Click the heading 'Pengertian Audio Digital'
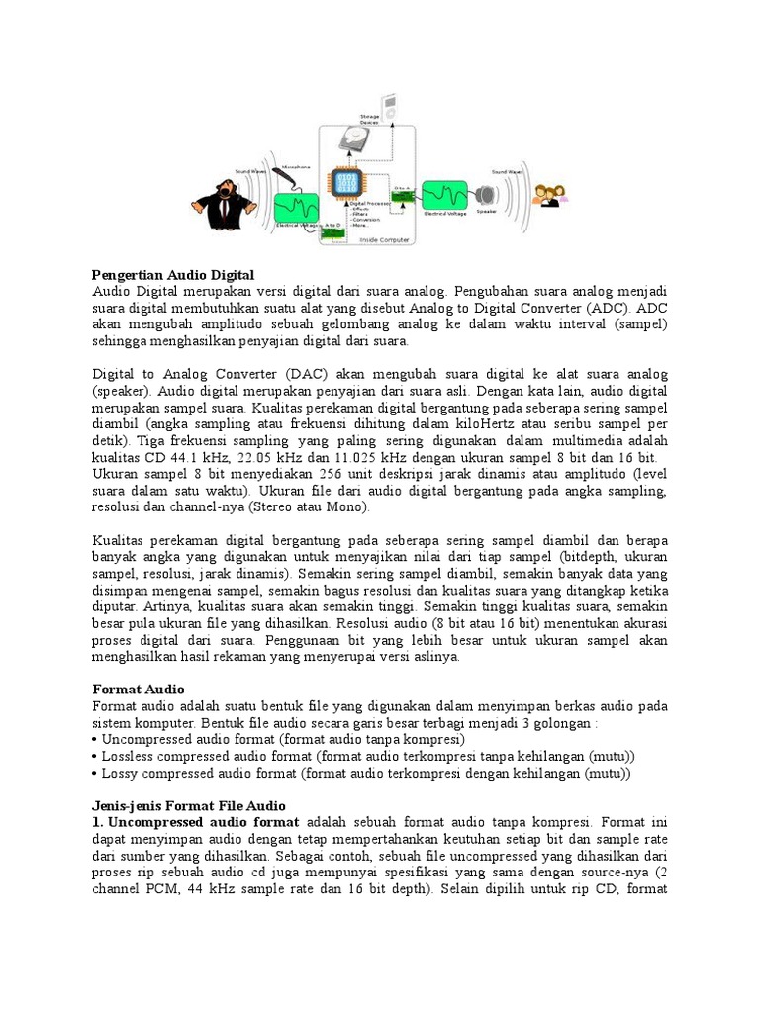click(173, 274)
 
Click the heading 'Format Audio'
click(138, 689)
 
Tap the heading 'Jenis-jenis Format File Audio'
click(189, 806)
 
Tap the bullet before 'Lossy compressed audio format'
click(96, 774)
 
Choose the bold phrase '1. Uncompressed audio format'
click(195, 823)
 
